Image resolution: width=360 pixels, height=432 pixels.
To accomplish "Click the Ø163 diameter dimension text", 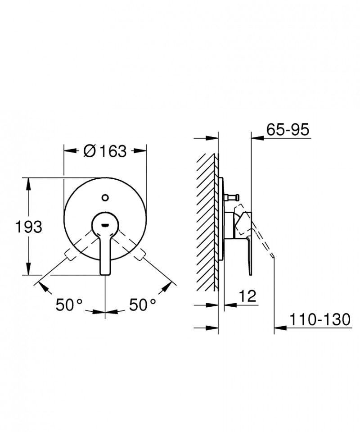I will pyautogui.click(x=105, y=151).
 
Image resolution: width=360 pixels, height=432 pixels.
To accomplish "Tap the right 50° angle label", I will pyautogui.click(x=142, y=305).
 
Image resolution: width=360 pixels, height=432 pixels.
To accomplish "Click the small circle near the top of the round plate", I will pyautogui.click(x=105, y=197).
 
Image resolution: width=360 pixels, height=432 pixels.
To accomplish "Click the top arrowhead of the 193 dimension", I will pyautogui.click(x=29, y=181).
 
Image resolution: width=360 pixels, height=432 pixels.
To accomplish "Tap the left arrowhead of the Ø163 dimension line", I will pyautogui.click(x=68, y=151).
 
